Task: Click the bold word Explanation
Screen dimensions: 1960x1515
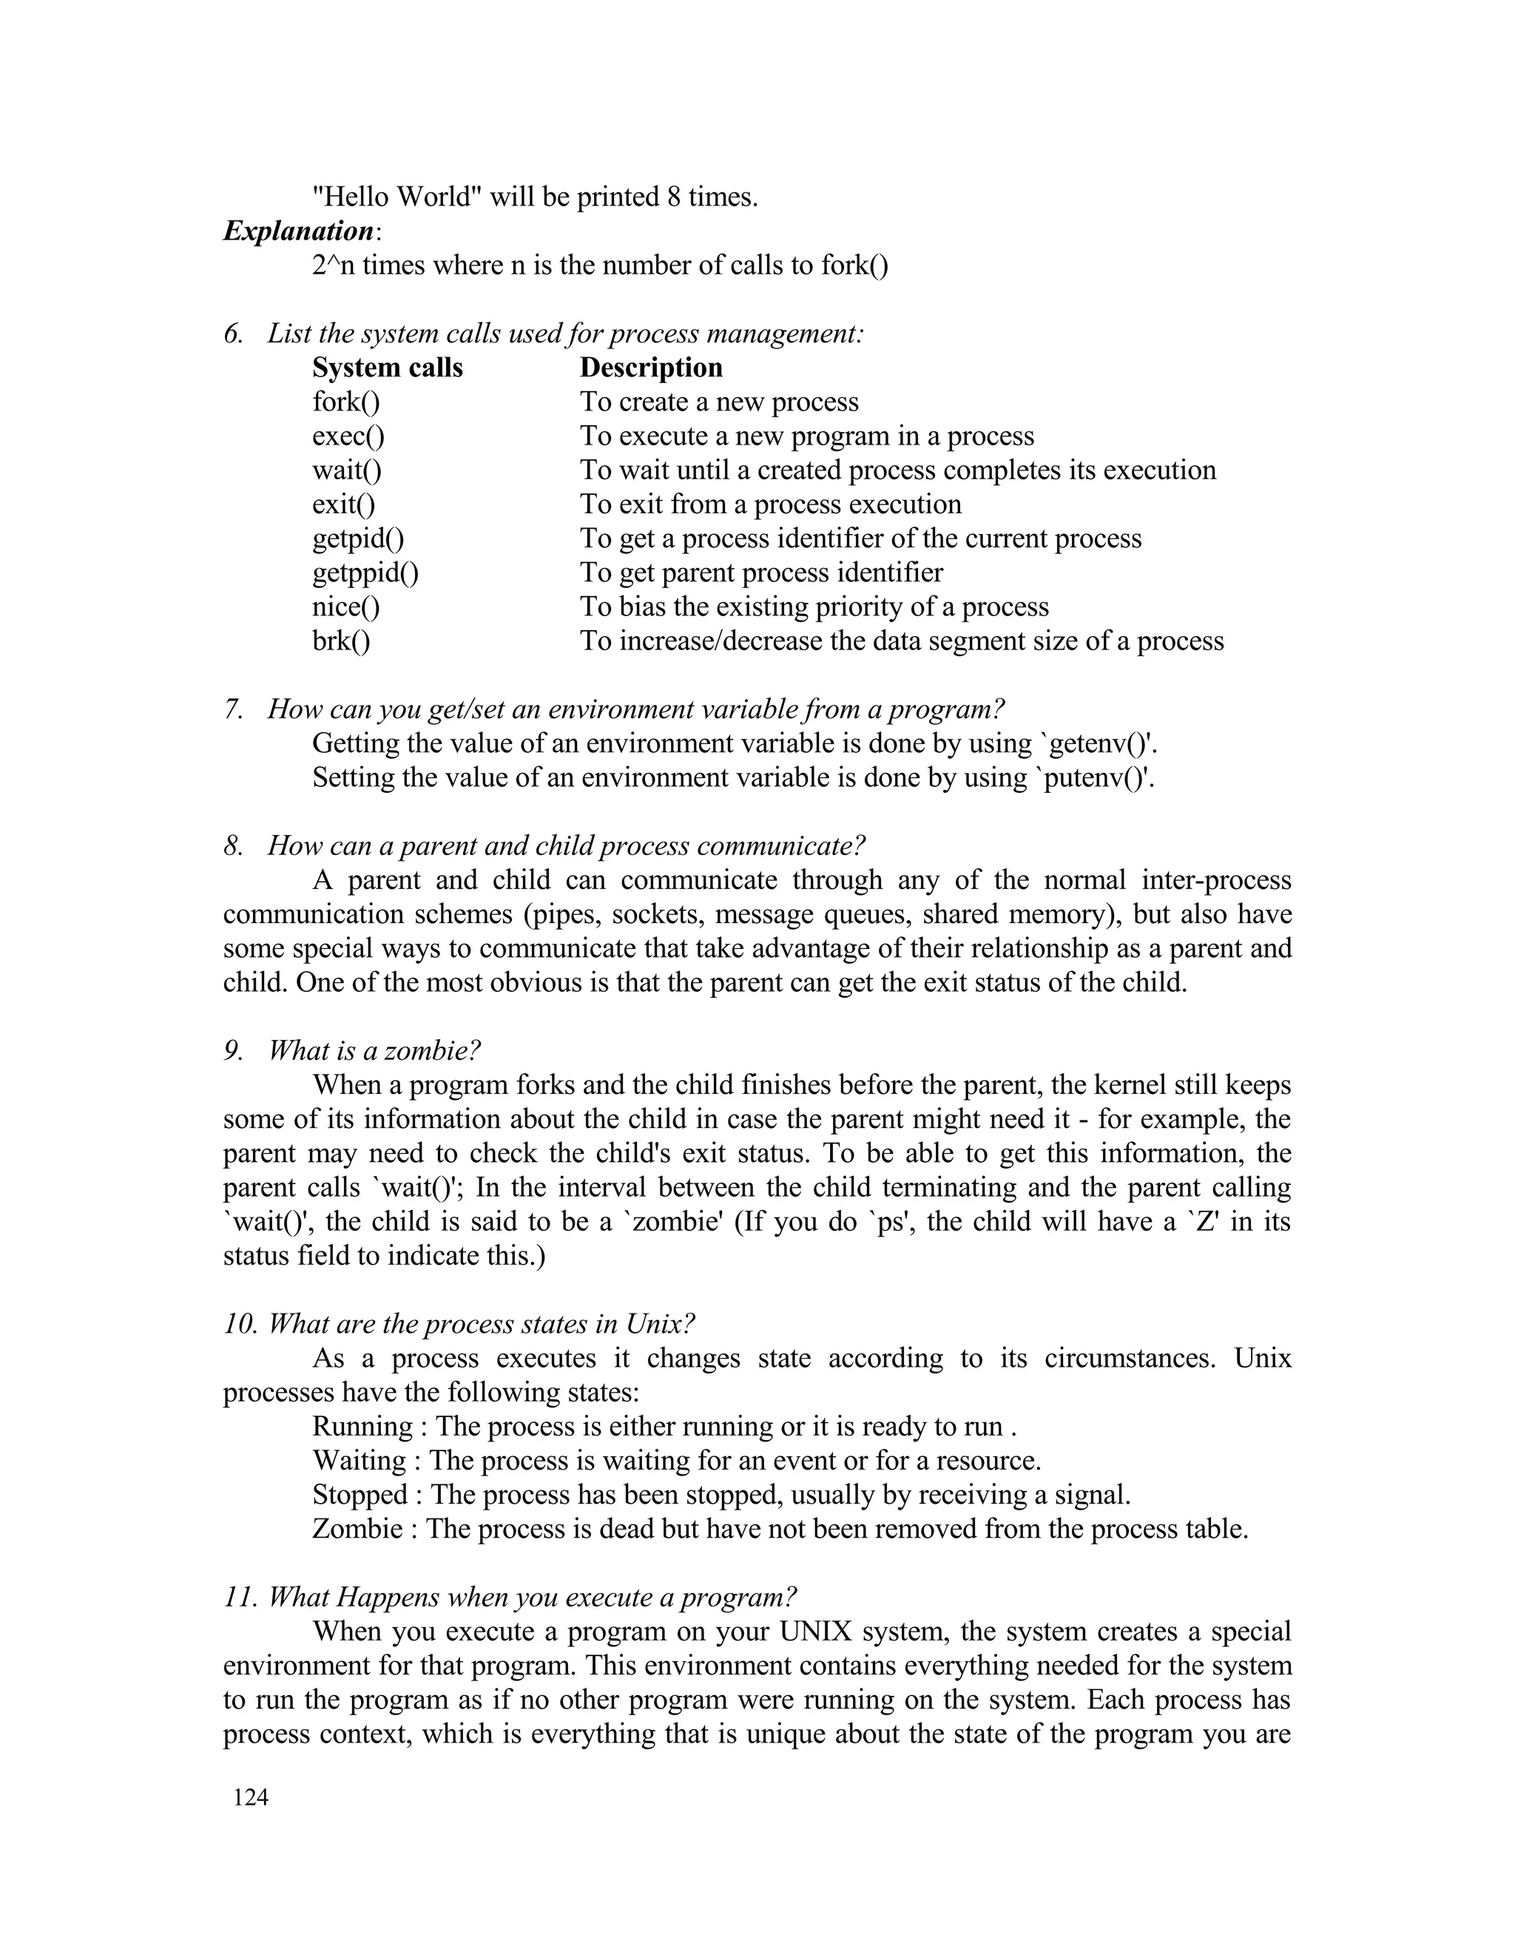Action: point(299,232)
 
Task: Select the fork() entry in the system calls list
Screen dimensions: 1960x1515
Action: point(346,402)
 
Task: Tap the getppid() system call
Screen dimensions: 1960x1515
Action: point(365,572)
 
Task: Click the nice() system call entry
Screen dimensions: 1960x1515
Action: point(346,606)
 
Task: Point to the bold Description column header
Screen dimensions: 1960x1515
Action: point(651,368)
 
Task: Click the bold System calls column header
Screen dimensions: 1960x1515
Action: point(388,368)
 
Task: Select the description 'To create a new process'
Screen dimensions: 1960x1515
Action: point(719,402)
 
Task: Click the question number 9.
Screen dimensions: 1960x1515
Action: point(233,1051)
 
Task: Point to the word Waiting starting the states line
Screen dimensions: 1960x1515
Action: point(359,1460)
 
